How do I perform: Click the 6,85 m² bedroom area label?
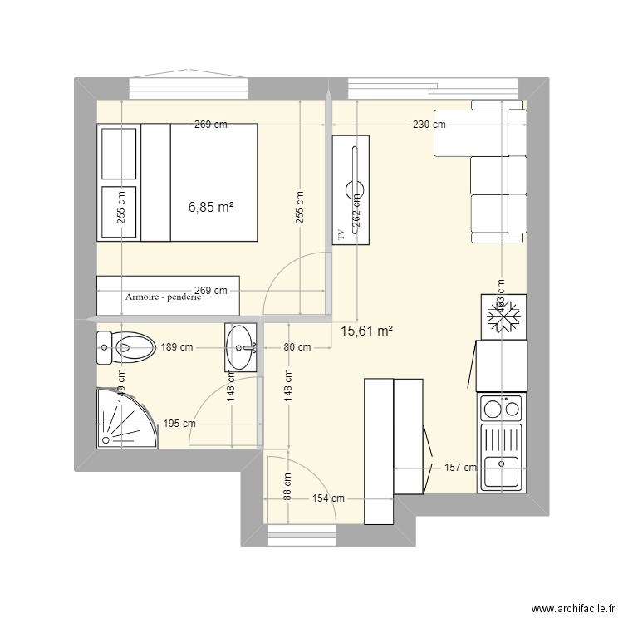(211, 208)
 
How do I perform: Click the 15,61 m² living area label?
(366, 331)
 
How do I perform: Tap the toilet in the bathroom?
(125, 347)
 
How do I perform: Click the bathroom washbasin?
(241, 346)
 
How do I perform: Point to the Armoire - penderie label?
(163, 297)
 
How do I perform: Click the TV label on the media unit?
(341, 235)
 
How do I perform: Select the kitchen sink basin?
(502, 471)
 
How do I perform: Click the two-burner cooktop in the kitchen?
(501, 409)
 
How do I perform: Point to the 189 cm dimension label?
(175, 347)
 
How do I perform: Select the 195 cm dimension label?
(180, 424)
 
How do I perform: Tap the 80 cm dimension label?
(297, 347)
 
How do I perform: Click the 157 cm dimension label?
(460, 468)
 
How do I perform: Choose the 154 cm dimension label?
(328, 498)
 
